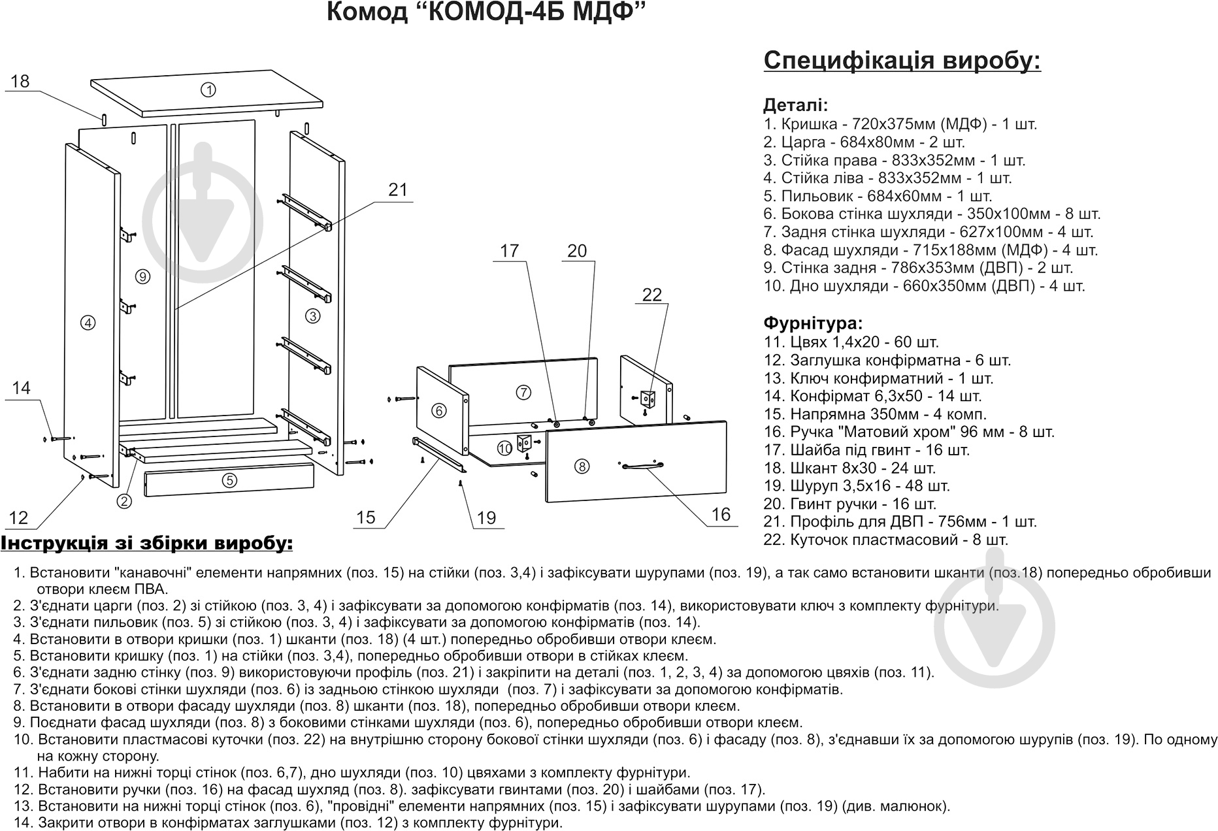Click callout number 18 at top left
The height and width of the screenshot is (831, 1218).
tap(20, 82)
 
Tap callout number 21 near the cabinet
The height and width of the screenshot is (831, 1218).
tap(397, 190)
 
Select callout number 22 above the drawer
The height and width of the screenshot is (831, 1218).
tap(651, 295)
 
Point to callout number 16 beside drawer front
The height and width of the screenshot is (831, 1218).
tap(720, 515)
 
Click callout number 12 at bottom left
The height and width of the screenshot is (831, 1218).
tap(19, 518)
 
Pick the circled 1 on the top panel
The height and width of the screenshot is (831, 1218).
tap(208, 90)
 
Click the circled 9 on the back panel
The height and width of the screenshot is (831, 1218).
tap(143, 276)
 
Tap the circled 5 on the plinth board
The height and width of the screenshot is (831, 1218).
tap(229, 480)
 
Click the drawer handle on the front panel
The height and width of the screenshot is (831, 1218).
tap(643, 465)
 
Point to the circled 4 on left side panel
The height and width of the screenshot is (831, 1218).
tap(88, 321)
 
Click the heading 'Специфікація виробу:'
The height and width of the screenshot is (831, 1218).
tap(902, 61)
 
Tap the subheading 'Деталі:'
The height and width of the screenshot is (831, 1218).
tap(795, 105)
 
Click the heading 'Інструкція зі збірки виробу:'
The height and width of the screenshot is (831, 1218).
tap(147, 544)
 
